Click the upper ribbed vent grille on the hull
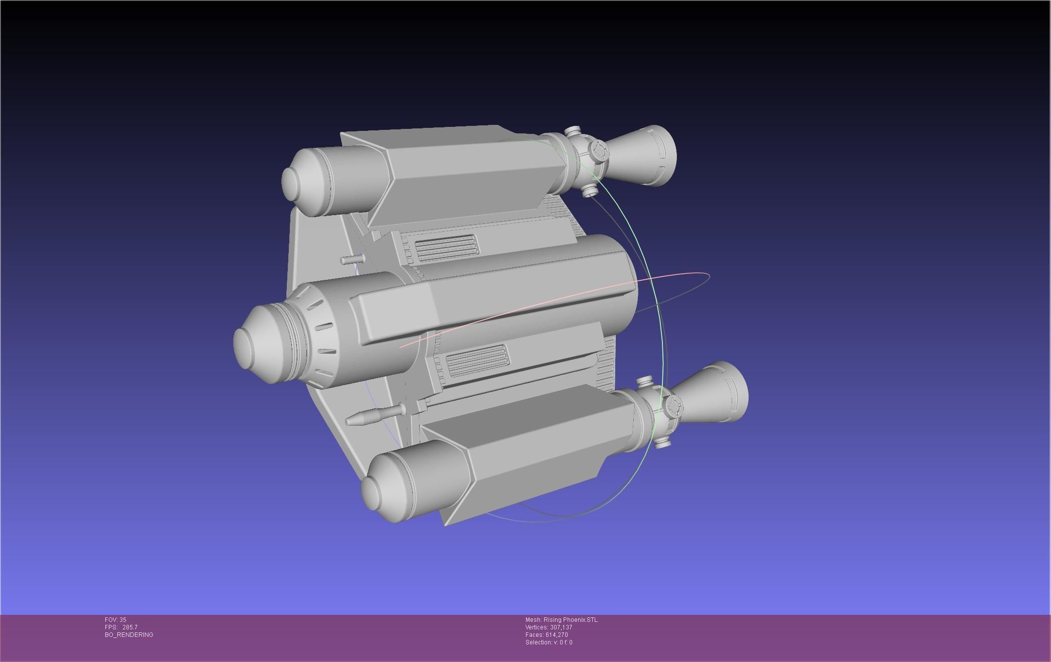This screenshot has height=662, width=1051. click(446, 247)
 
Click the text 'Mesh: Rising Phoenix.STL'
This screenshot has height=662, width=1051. click(561, 620)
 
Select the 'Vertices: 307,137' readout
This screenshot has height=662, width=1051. click(549, 627)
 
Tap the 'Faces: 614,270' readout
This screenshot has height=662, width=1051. click(547, 635)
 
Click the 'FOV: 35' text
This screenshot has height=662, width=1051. click(115, 620)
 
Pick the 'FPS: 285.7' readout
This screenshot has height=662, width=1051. click(121, 627)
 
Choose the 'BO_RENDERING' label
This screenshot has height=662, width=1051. click(129, 635)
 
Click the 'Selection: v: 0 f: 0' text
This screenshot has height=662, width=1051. click(549, 642)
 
